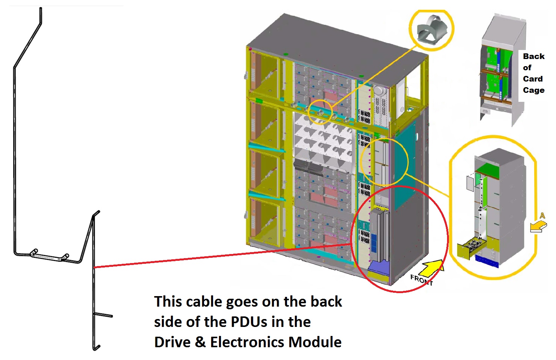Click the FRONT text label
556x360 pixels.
[x=421, y=280]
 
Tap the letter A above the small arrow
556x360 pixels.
[x=542, y=216]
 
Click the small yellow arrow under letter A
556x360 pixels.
[x=538, y=226]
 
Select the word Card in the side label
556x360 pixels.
[x=533, y=79]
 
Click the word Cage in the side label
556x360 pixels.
[x=533, y=90]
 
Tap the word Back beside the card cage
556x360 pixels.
[x=533, y=56]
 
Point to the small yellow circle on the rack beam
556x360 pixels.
[x=320, y=112]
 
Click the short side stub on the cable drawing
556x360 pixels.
[x=104, y=315]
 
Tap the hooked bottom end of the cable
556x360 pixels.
[x=97, y=347]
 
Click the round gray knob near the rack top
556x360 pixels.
[x=379, y=91]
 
